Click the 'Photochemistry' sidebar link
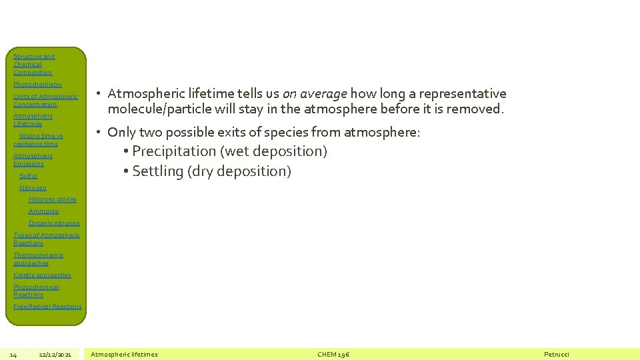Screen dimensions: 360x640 pos(37,85)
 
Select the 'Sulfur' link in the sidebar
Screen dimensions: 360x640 pos(29,176)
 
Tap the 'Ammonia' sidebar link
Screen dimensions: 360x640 pos(43,211)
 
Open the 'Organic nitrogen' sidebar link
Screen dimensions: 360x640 pos(54,223)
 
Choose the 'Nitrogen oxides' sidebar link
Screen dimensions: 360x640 pos(53,199)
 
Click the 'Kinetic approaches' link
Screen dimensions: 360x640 pos(42,275)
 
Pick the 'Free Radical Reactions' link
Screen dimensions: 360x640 pos(47,307)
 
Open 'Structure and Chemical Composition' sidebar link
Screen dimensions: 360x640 pos(33,65)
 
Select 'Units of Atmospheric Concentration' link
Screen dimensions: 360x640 pos(45,101)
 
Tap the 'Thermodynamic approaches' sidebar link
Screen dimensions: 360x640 pos(38,259)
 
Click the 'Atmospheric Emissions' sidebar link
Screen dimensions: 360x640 pos(33,160)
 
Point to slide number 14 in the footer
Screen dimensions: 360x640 pos(13,355)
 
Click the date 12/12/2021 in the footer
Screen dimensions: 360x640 pos(55,355)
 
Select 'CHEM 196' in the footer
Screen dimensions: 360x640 pos(333,355)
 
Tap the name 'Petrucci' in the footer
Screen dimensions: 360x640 pos(557,355)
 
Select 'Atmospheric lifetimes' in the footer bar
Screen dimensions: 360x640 pos(124,355)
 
